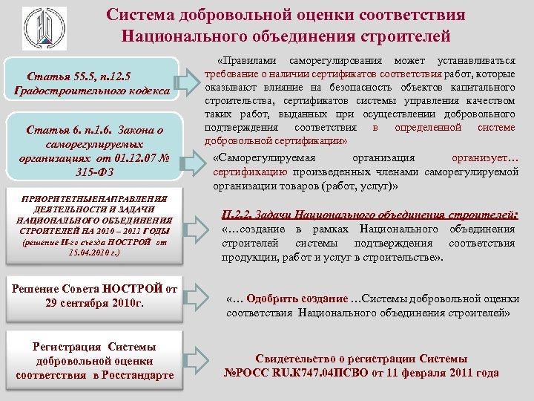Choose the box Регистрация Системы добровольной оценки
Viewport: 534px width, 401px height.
[x=94, y=362]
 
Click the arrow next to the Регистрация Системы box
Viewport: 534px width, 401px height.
[x=200, y=362]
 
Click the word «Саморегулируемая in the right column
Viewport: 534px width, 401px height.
[x=263, y=159]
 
